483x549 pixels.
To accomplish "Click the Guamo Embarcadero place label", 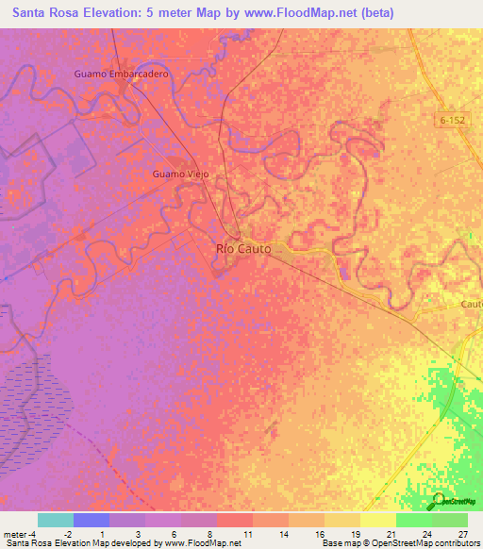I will pyautogui.click(x=120, y=73).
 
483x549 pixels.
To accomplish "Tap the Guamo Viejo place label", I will pyautogui.click(x=180, y=175).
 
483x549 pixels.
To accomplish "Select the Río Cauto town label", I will pyautogui.click(x=244, y=248).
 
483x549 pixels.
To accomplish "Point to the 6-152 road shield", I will pyautogui.click(x=453, y=120).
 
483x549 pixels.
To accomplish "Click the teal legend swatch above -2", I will pyautogui.click(x=55, y=520).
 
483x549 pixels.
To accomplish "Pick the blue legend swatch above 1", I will pyautogui.click(x=91, y=520).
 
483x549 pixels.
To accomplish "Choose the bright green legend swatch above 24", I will pyautogui.click(x=413, y=520).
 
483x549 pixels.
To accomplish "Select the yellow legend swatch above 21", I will pyautogui.click(x=377, y=520).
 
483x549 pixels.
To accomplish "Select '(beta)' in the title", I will pyautogui.click(x=372, y=12).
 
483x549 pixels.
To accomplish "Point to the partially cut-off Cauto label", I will pyautogui.click(x=471, y=305).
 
